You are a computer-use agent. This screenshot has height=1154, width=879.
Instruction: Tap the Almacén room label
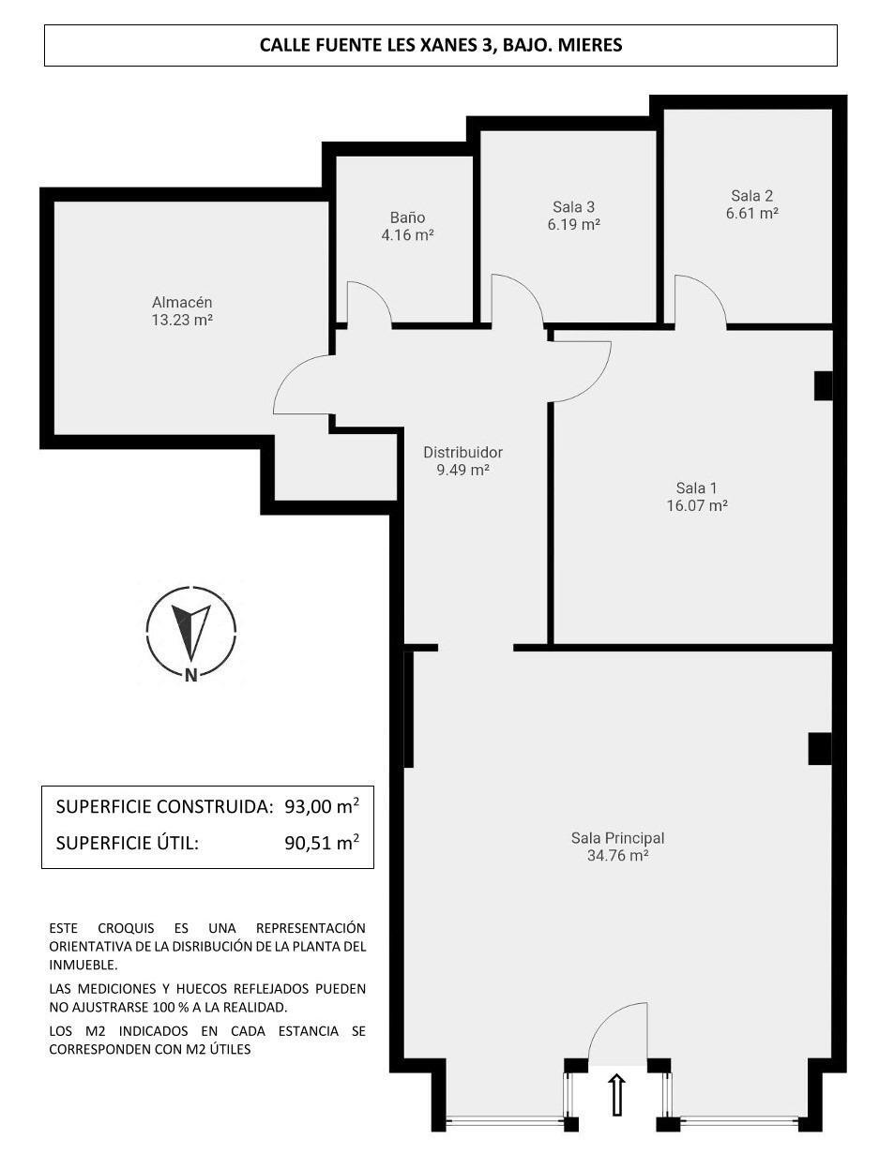182,302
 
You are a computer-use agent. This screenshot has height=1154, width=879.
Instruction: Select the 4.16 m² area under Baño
407,235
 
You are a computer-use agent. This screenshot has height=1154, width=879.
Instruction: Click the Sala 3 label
573,207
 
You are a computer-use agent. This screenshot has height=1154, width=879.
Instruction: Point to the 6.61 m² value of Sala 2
751,214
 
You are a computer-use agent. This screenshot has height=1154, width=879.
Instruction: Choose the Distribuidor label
462,453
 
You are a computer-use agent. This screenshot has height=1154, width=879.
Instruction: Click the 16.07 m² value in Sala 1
696,505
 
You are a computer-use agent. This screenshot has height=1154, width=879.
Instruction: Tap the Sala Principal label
617,838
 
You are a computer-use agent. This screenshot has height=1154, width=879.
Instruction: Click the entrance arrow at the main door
617,1094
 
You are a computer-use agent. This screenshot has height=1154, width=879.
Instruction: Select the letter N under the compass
191,674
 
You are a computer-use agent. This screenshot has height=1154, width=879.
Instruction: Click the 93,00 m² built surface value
321,806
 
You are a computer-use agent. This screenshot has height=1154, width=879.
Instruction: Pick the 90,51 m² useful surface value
321,843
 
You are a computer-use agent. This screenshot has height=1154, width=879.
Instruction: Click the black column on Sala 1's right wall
823,385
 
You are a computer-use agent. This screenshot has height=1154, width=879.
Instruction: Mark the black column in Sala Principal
819,748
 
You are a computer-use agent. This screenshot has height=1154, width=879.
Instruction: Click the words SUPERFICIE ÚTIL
128,843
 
